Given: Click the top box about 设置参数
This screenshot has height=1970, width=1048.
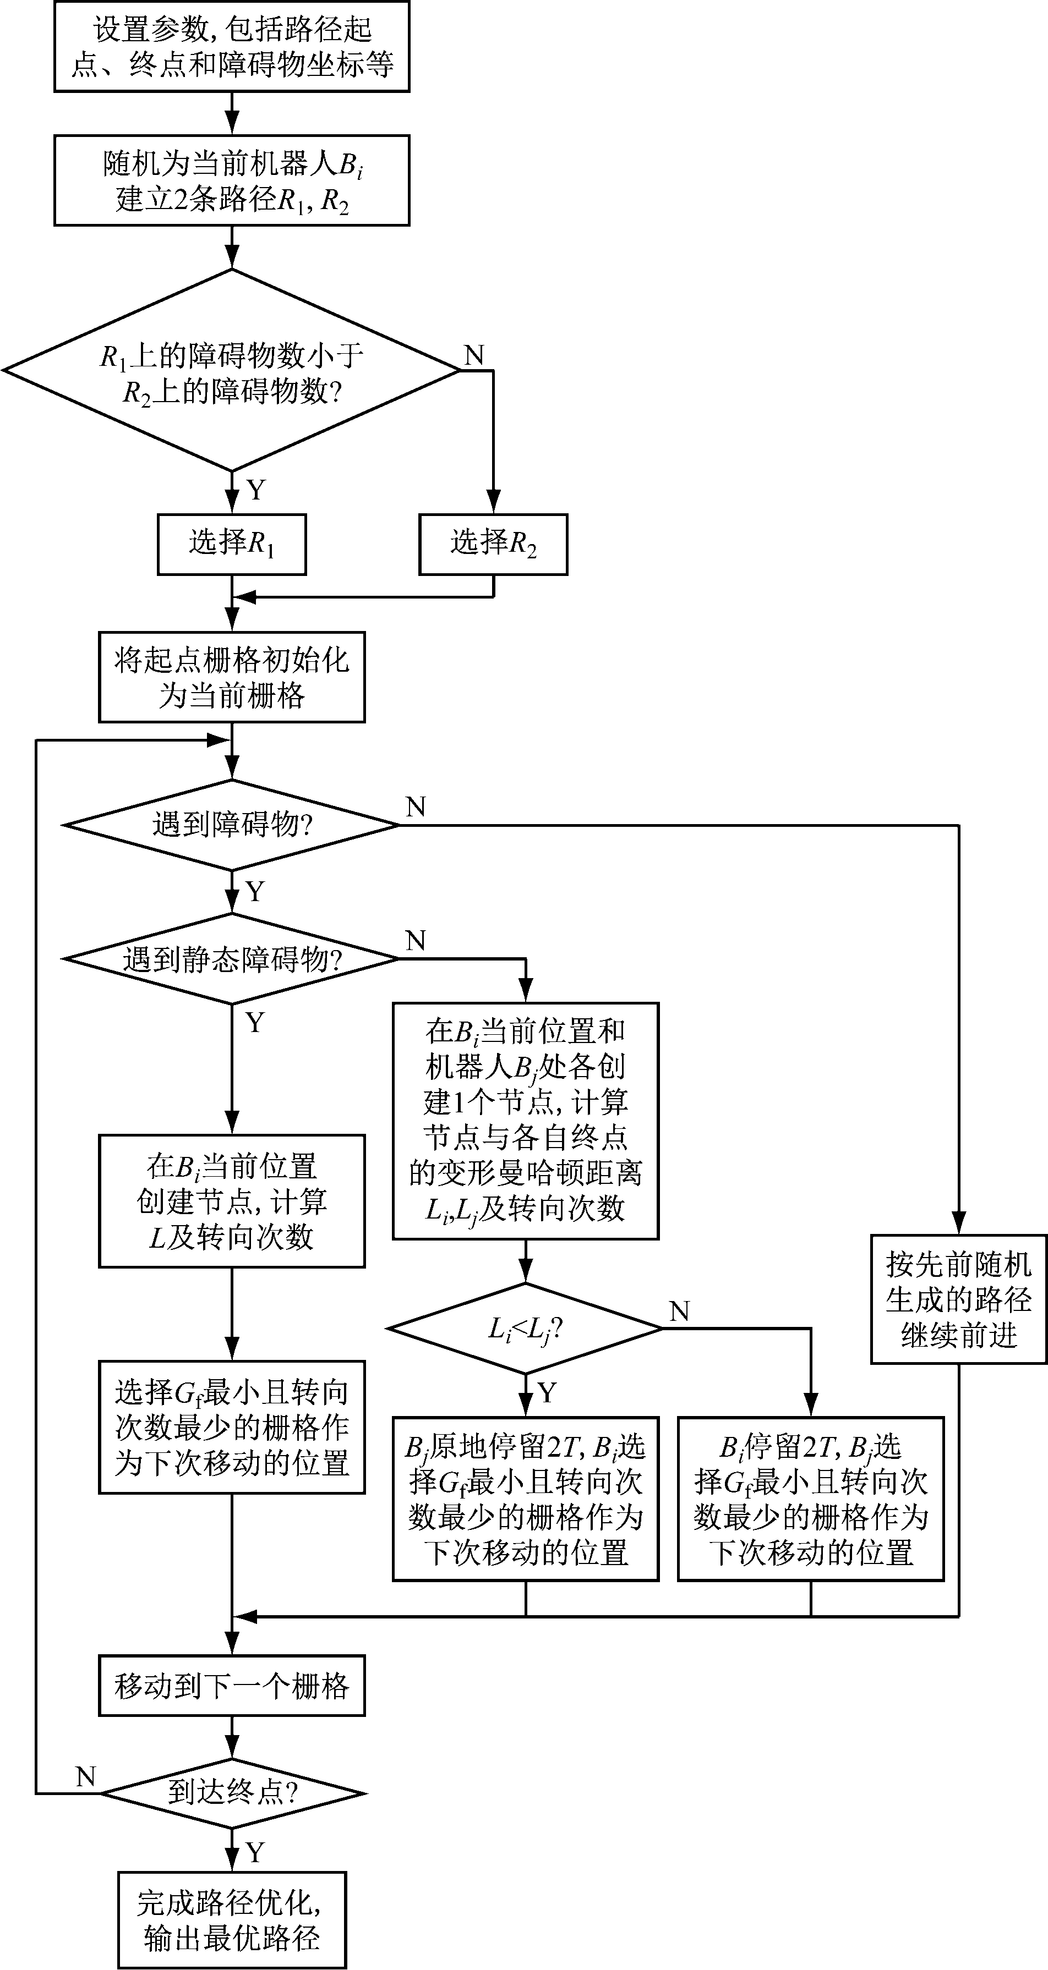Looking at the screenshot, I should [231, 47].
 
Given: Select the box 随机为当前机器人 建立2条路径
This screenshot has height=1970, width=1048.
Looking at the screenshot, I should [231, 180].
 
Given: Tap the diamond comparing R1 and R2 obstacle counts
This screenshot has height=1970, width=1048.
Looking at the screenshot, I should [231, 371].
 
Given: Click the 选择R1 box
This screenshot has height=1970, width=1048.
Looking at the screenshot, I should [231, 545].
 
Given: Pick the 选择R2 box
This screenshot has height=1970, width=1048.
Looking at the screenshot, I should [493, 545].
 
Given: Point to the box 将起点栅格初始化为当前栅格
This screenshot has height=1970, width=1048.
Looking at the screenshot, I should [231, 677].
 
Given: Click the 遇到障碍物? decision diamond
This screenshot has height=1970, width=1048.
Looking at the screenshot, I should [231, 825].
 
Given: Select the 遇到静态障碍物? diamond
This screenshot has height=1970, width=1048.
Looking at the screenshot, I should [231, 959].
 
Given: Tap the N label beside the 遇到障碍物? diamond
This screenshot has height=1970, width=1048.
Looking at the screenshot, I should [416, 807].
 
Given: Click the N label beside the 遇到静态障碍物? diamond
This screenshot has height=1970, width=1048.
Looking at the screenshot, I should [416, 941].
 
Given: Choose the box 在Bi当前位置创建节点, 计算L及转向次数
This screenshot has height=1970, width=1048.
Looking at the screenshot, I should [231, 1201].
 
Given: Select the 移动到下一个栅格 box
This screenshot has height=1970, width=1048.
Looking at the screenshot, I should [231, 1686].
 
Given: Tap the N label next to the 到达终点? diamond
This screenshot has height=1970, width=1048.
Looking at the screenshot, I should [86, 1776].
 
